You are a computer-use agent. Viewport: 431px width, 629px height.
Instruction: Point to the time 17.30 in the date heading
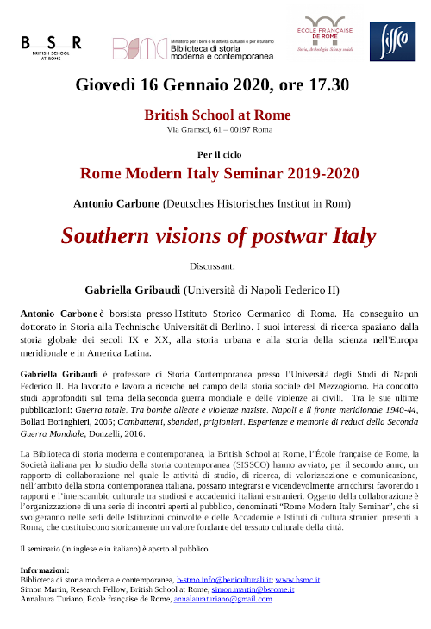click(328, 84)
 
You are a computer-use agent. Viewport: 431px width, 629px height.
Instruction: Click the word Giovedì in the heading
click(106, 84)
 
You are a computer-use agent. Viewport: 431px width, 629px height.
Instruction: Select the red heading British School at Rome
click(216, 115)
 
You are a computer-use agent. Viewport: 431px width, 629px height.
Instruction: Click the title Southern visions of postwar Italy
click(217, 235)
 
